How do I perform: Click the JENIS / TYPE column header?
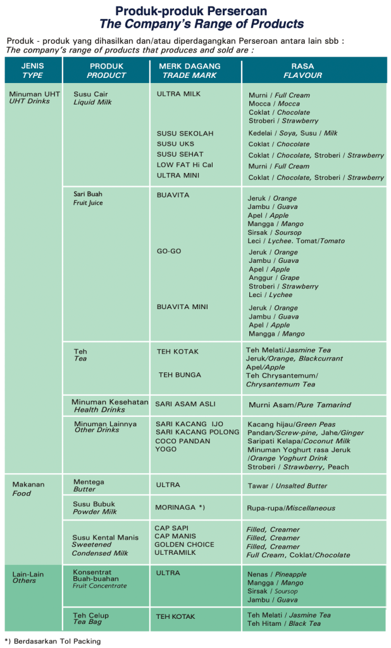click(x=32, y=70)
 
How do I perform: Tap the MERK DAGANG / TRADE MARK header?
click(x=190, y=70)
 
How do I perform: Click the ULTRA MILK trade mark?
click(x=178, y=94)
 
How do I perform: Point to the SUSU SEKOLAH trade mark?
click(x=185, y=134)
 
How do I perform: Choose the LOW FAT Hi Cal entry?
click(x=185, y=165)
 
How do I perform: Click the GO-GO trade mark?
click(x=169, y=251)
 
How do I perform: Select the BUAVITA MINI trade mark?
click(x=182, y=307)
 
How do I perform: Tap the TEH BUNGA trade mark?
click(x=180, y=375)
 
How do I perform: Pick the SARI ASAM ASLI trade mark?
click(x=185, y=404)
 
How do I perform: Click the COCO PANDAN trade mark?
click(x=183, y=441)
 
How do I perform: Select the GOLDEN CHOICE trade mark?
click(x=184, y=544)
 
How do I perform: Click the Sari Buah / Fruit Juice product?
click(x=88, y=198)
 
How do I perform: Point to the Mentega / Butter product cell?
click(x=89, y=485)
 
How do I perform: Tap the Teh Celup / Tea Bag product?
click(x=91, y=619)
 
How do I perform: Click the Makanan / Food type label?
click(x=28, y=488)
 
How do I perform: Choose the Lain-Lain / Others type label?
click(x=28, y=577)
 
